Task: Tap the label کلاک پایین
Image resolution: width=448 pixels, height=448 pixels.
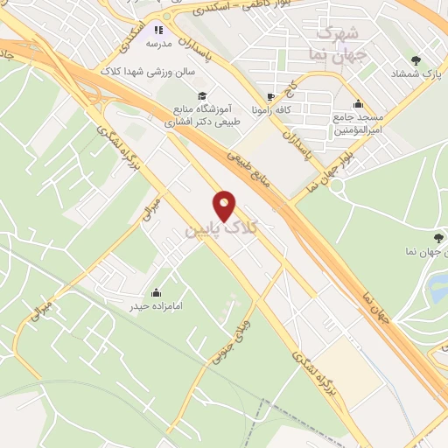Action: pyautogui.click(x=222, y=229)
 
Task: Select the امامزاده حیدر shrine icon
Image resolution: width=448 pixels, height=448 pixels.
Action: pyautogui.click(x=157, y=291)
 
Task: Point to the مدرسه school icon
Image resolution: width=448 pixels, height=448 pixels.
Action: pyautogui.click(x=158, y=29)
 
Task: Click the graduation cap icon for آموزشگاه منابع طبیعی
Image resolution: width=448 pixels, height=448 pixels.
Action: pyautogui.click(x=202, y=95)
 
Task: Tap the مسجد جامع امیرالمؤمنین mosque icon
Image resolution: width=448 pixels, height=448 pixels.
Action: pyautogui.click(x=359, y=103)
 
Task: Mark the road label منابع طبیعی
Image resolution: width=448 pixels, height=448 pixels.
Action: pyautogui.click(x=251, y=171)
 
